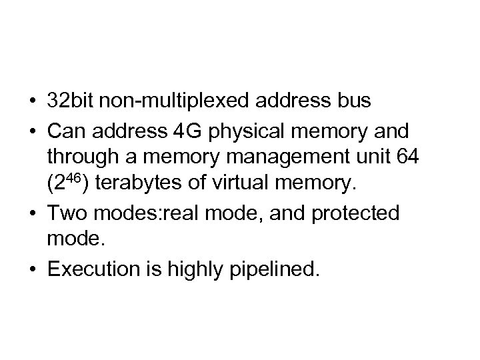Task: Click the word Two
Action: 64,213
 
